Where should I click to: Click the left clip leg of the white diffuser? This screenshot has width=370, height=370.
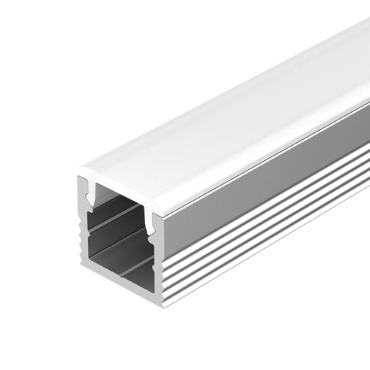[92, 195]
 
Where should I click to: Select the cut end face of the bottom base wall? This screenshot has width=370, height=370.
[120, 290]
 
